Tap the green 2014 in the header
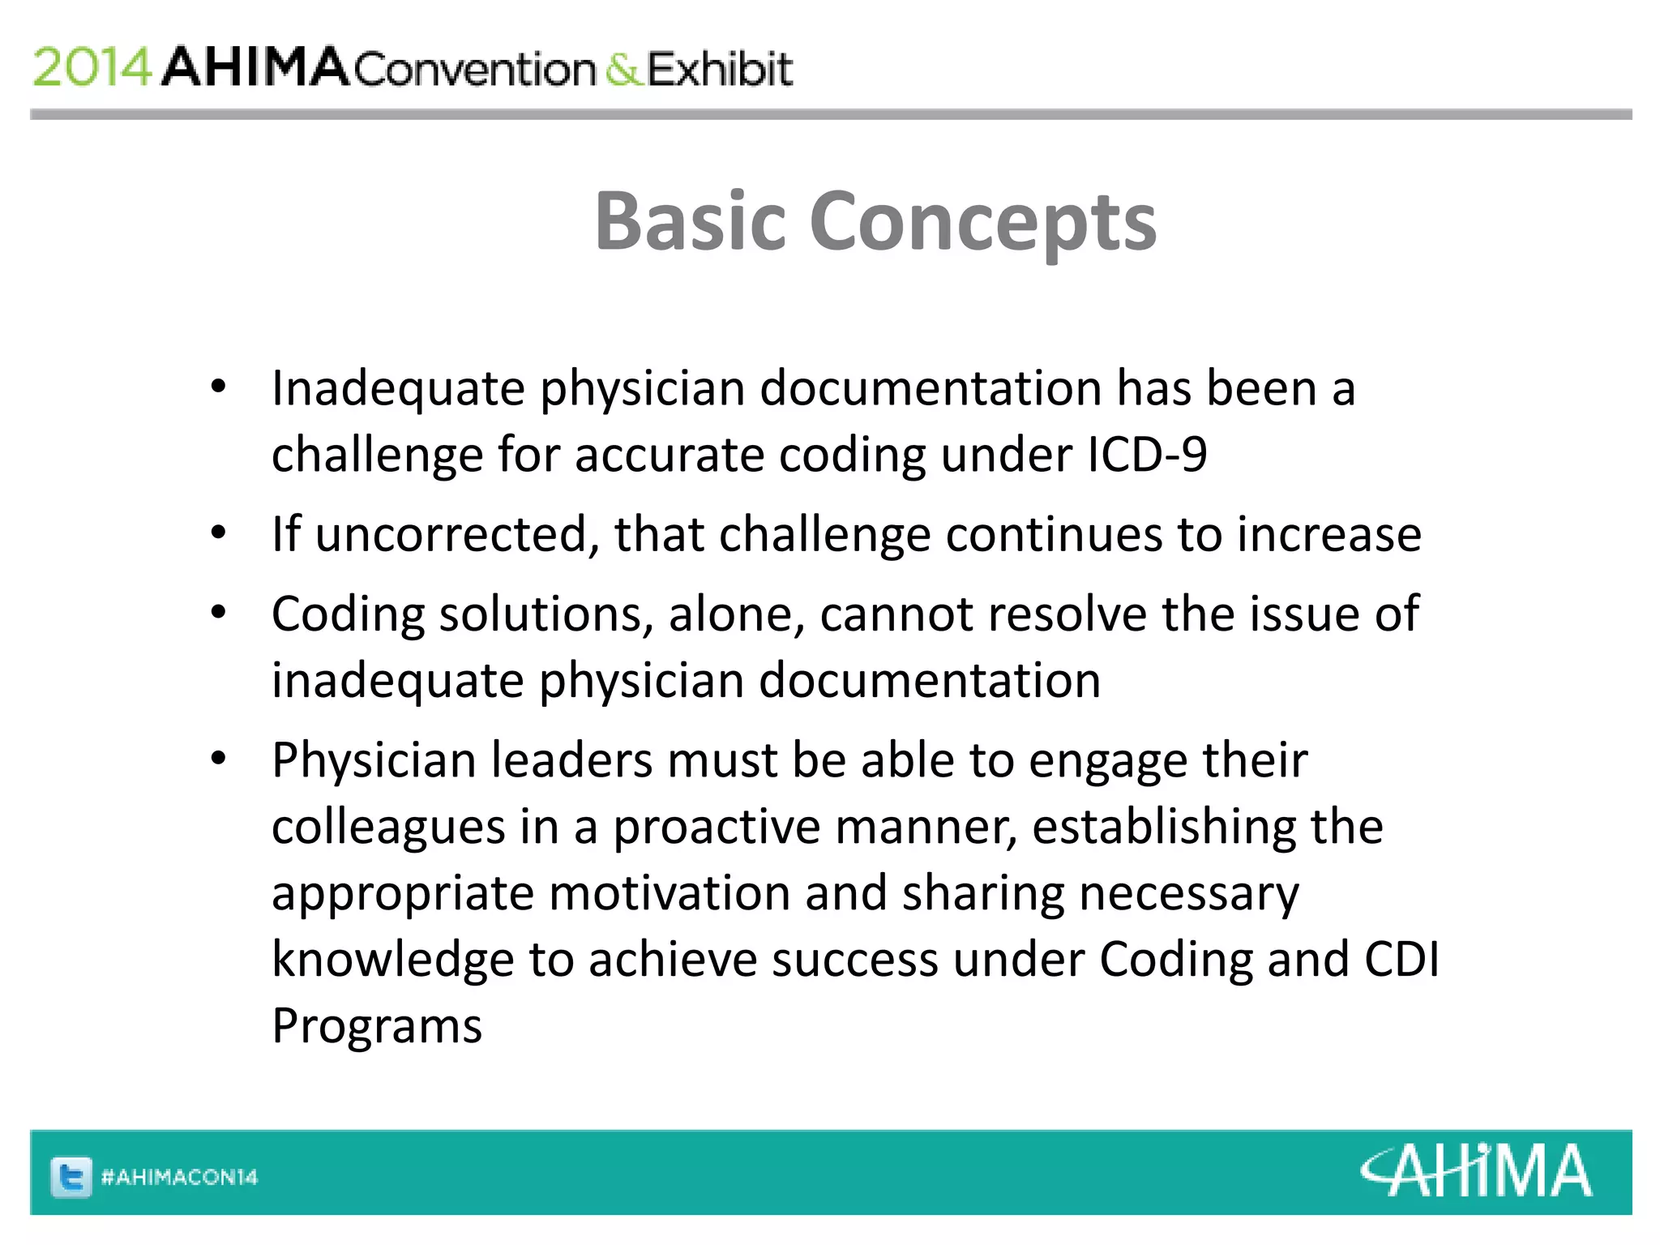92,67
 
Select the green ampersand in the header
622,70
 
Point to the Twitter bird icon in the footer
71,1176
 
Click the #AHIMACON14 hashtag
179,1177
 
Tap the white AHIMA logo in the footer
1475,1171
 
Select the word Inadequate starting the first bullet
398,388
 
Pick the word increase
1328,535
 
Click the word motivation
669,893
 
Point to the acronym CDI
1401,960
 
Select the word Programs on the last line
377,1026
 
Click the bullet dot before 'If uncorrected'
218,534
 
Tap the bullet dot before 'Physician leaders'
218,759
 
